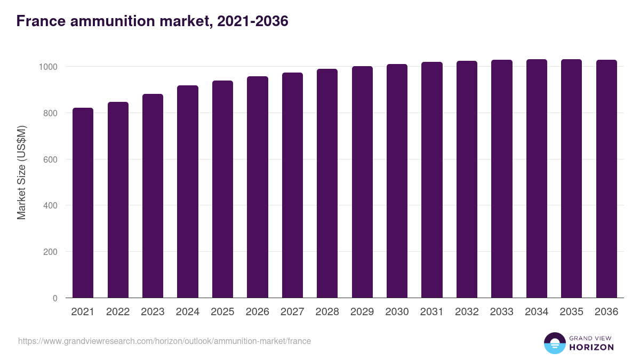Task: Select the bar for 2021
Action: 83,203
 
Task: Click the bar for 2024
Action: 188,192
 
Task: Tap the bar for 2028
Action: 327,183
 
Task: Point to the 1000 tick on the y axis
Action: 47,67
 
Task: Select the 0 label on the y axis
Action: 55,298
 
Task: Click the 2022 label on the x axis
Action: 118,312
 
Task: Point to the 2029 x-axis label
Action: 362,312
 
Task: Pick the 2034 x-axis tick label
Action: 537,312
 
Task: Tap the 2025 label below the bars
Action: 222,312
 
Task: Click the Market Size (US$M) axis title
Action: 21,172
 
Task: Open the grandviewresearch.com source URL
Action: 164,341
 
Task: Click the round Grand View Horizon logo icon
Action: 555,343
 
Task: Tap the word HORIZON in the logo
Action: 591,347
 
